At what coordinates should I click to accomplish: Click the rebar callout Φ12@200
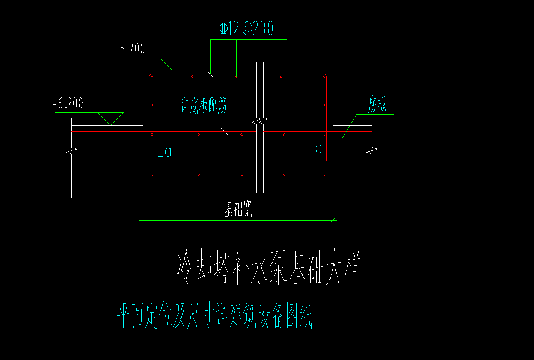click(246, 29)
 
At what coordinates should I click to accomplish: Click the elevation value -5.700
click(130, 49)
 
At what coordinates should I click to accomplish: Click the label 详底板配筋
click(203, 106)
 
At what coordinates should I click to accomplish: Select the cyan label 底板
click(377, 106)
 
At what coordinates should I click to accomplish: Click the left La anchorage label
click(164, 151)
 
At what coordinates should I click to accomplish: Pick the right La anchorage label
click(315, 148)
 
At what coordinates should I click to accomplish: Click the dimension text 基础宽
click(238, 210)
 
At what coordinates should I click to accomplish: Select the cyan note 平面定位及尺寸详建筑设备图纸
click(215, 316)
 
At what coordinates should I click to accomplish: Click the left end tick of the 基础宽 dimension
click(143, 221)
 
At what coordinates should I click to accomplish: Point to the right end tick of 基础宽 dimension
click(333, 221)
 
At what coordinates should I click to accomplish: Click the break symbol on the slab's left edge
click(71, 150)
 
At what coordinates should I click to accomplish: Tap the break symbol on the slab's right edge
click(372, 150)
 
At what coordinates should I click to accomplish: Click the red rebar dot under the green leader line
click(237, 77)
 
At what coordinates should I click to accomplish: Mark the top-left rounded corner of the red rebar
click(150, 76)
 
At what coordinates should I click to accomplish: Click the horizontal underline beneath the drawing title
click(243, 291)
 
